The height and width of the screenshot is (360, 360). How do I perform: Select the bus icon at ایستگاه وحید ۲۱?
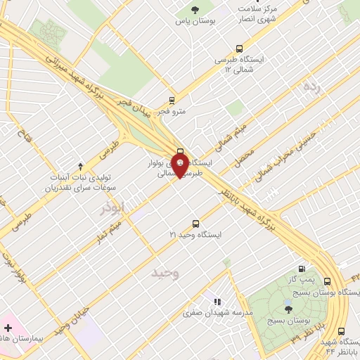point(196,223)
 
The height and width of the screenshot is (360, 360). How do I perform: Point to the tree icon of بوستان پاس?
point(195,9)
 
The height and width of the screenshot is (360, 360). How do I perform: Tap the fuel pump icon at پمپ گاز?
point(302,268)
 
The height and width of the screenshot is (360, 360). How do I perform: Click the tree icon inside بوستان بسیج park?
point(288,308)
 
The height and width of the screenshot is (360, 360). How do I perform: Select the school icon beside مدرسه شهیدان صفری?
point(217,300)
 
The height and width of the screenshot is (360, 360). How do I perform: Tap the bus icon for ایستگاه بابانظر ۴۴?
point(341,331)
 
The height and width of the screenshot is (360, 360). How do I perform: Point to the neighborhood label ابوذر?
point(111,209)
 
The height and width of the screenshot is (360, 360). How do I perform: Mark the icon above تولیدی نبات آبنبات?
point(80,166)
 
